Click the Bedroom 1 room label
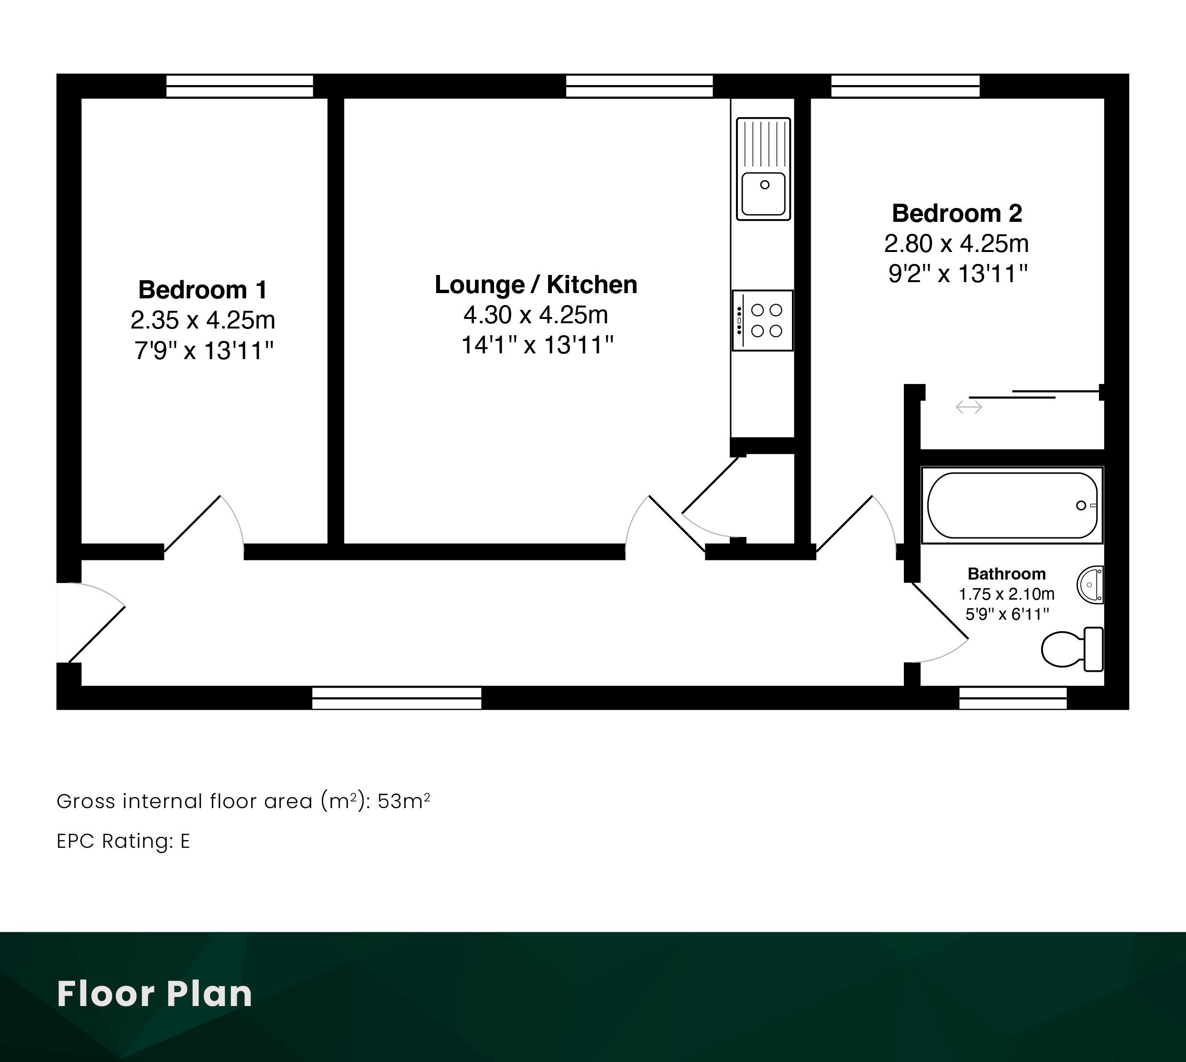(x=203, y=289)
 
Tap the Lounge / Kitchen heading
(x=536, y=285)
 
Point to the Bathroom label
(x=1006, y=574)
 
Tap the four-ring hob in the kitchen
(x=762, y=320)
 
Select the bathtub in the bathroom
(x=1012, y=505)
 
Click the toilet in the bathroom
(x=1072, y=649)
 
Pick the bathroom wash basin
(x=1090, y=584)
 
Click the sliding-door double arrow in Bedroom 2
(x=968, y=407)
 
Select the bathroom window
(x=1013, y=698)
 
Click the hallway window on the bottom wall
(x=397, y=698)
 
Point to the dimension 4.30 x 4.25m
(x=536, y=315)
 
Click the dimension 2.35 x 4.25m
(x=203, y=320)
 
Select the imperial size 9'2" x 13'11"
(x=957, y=274)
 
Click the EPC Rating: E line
(x=123, y=841)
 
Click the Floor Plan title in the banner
(x=154, y=994)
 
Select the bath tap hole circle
(x=1081, y=505)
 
